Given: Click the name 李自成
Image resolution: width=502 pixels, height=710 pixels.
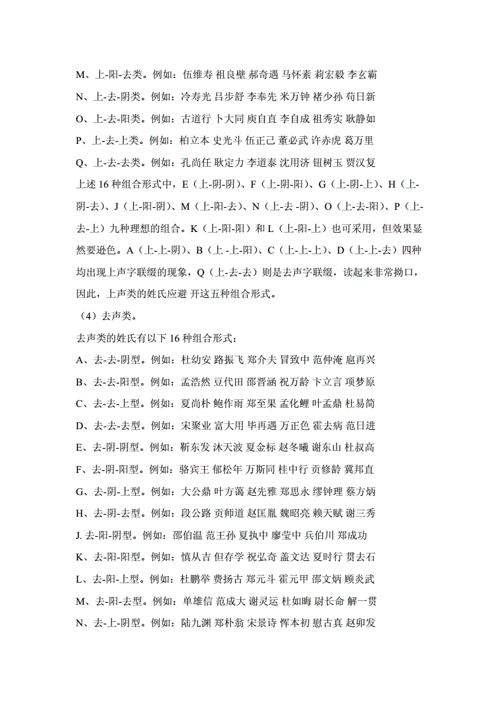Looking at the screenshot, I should click(x=295, y=119).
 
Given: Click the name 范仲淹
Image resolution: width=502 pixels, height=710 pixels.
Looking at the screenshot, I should click(x=327, y=360).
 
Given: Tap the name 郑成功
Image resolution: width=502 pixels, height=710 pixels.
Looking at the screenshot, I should click(x=352, y=536).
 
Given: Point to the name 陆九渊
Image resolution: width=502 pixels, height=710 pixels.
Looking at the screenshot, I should click(x=195, y=623).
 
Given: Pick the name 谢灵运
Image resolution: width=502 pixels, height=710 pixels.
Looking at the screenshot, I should click(x=262, y=601).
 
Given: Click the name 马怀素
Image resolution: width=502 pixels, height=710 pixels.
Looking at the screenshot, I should click(x=296, y=75).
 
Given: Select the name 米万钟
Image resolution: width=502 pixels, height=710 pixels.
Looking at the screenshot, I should click(x=295, y=96).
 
